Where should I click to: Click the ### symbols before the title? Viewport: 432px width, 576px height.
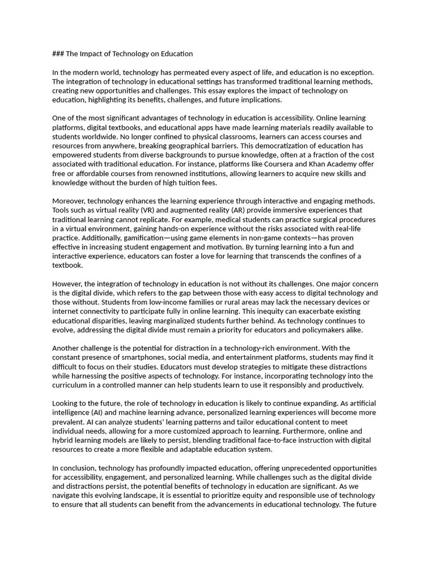(x=58, y=54)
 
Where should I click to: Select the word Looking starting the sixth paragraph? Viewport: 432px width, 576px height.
(x=66, y=403)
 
